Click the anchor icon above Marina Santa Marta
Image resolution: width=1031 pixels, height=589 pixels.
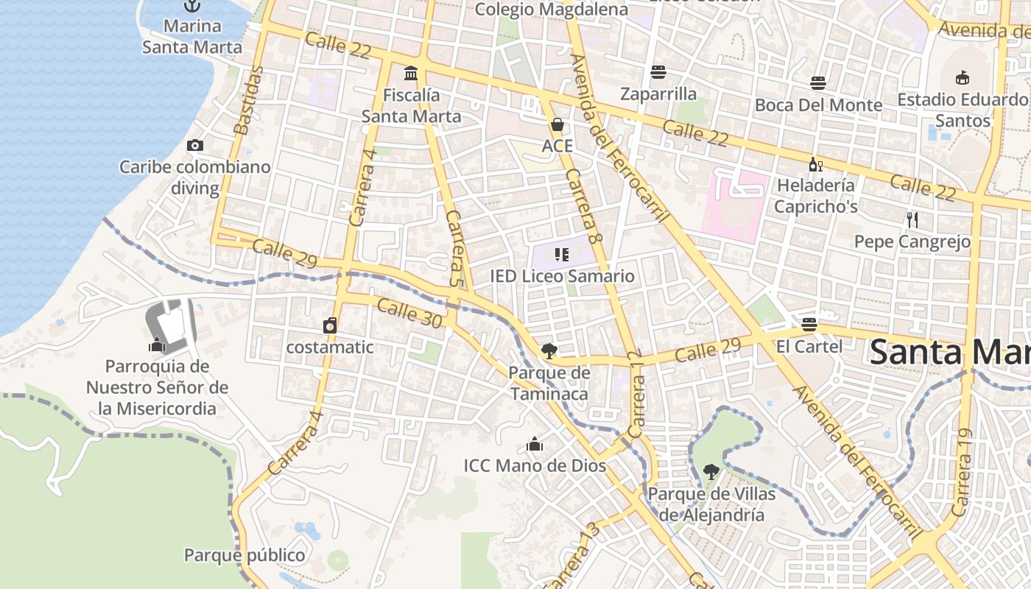[192, 6]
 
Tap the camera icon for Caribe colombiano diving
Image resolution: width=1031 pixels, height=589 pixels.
[195, 145]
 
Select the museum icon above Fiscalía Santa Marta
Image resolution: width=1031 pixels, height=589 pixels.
[411, 73]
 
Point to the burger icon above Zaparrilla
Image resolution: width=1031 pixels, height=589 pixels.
[658, 71]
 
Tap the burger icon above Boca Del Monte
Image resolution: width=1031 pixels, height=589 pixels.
[818, 82]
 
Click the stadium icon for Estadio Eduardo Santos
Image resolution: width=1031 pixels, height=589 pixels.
[962, 77]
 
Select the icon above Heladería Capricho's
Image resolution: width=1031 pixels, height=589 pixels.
[815, 164]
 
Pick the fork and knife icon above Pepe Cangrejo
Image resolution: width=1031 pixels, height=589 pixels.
[912, 219]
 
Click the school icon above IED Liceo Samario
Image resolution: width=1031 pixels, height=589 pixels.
[562, 255]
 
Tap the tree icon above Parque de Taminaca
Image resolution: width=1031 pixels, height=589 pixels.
[549, 350]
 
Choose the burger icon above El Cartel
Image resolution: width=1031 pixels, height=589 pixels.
[809, 324]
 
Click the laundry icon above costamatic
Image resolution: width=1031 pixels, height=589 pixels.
[330, 325]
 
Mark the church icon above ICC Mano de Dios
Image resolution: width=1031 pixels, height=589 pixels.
[535, 444]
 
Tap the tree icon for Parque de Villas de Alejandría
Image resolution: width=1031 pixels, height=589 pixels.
[711, 472]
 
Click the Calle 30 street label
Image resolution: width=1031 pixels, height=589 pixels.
[409, 313]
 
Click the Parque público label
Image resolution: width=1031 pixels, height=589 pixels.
[244, 555]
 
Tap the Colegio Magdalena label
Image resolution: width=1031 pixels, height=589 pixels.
[551, 9]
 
